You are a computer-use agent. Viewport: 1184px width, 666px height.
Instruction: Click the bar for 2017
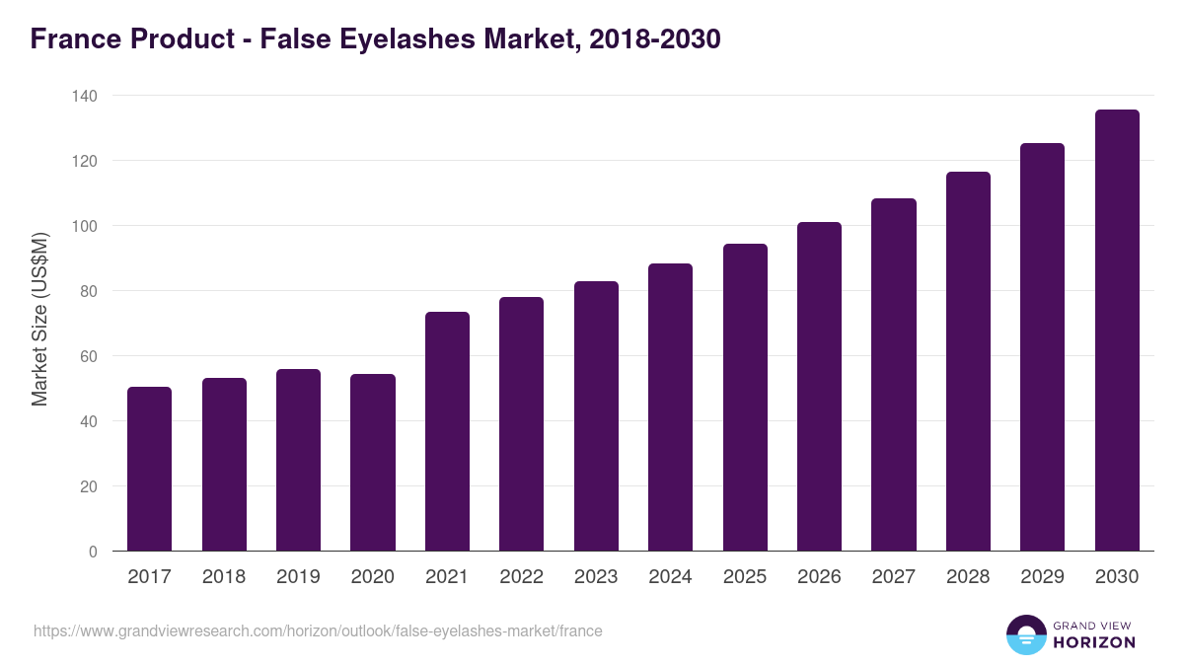149,469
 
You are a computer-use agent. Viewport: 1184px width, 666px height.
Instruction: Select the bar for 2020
373,462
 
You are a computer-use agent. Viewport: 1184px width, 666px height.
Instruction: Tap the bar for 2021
447,431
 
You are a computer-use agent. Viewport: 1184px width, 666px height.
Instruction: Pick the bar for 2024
670,407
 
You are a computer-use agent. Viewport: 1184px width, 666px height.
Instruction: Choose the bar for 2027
894,375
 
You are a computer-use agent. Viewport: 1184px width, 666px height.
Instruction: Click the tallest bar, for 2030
1117,331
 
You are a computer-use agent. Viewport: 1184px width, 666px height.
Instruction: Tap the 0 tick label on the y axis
93,552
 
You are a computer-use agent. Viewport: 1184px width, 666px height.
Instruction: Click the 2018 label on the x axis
224,577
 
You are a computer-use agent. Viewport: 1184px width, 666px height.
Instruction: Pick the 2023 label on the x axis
596,577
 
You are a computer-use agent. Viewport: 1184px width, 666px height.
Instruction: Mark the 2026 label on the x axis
819,577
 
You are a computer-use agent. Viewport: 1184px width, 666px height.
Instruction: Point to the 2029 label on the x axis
1043,577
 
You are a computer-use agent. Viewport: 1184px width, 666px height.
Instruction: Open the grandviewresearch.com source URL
318,630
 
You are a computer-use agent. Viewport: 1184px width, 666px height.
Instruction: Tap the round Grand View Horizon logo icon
1026,634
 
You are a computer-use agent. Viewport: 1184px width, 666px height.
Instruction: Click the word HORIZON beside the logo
1094,642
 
